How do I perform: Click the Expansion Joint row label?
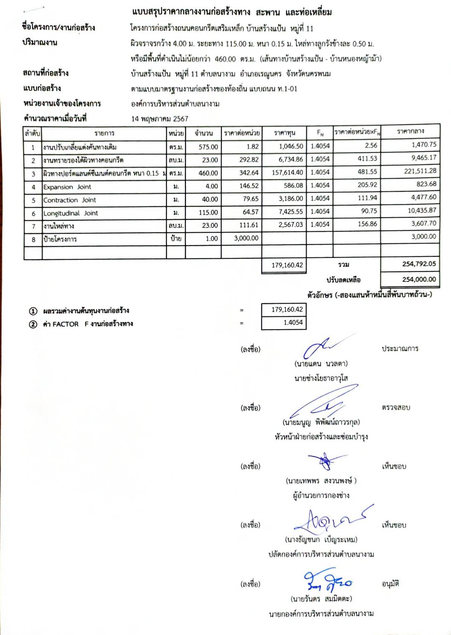pos(67,187)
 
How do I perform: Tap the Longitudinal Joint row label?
pos(71,213)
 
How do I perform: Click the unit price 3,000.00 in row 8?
pos(246,238)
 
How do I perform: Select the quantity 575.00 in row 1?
pos(208,147)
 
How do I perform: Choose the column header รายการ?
pos(104,133)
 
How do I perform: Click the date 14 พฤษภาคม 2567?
pos(160,119)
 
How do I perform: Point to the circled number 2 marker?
pos(33,324)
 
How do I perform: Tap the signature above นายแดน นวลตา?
pos(322,347)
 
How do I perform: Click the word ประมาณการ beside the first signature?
pos(400,348)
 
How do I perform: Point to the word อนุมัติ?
pos(390,584)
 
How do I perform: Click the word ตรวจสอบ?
pos(396,407)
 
